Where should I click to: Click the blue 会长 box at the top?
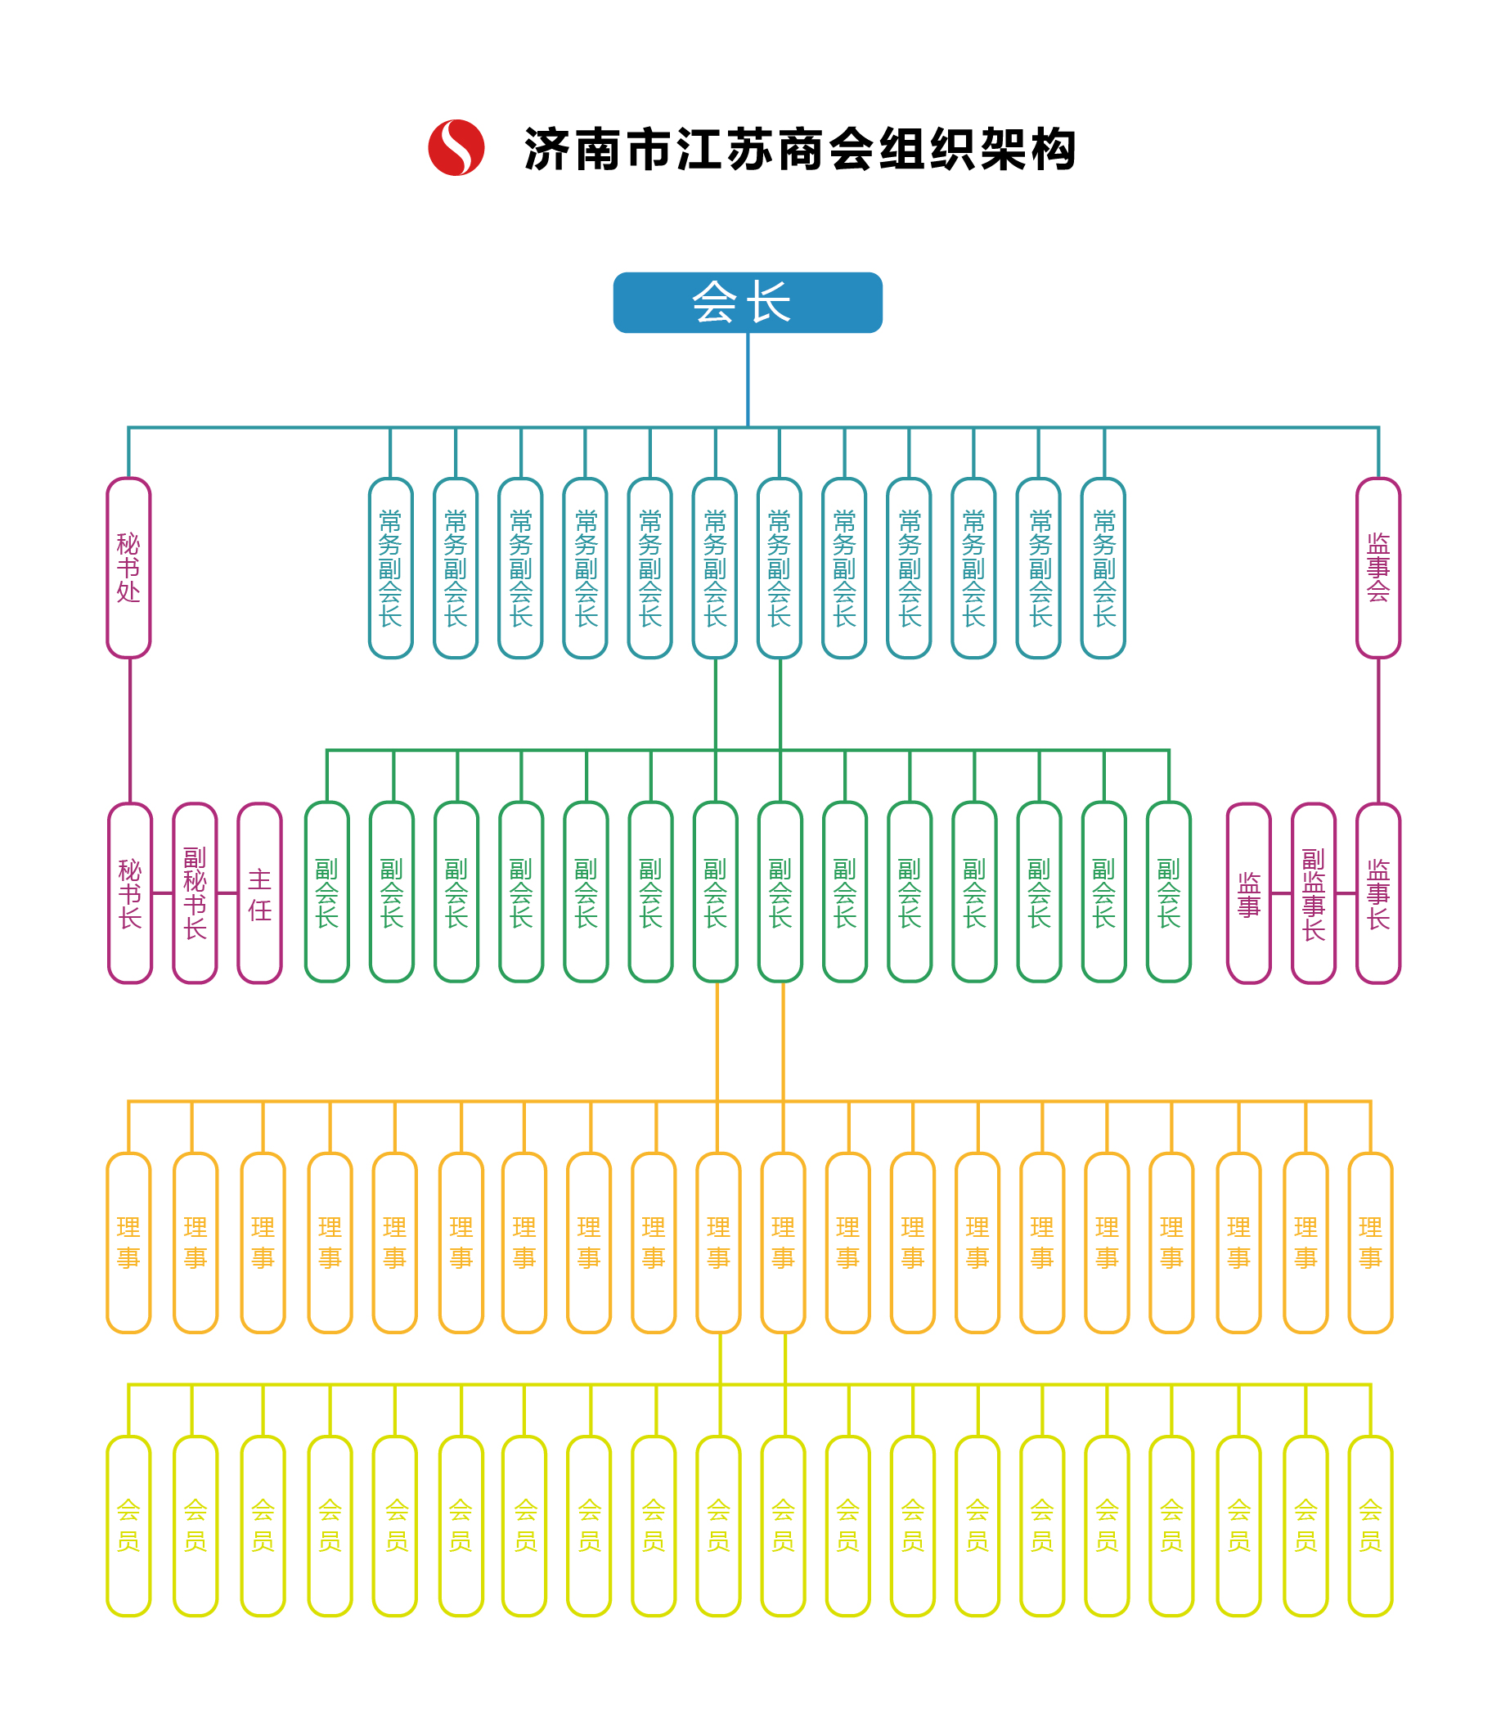tap(747, 303)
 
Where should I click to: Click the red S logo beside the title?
tap(456, 147)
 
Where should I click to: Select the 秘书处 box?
tap(129, 568)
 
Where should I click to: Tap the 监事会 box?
tap(1377, 568)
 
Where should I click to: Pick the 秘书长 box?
tap(130, 892)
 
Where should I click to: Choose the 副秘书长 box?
tap(195, 892)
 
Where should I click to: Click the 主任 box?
tap(259, 892)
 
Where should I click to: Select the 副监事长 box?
tap(1314, 892)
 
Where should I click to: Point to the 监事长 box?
tap(1377, 892)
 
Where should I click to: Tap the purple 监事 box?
tap(1249, 892)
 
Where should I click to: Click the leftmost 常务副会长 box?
tap(391, 568)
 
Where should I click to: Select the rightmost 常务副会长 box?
tap(1103, 568)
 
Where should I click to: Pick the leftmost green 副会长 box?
tap(326, 891)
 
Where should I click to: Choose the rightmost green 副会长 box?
tap(1168, 891)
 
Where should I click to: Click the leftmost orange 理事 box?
tap(129, 1243)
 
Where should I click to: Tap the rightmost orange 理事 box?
tap(1370, 1243)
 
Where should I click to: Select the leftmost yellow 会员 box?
tap(129, 1526)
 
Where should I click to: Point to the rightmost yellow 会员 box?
tap(1370, 1526)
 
